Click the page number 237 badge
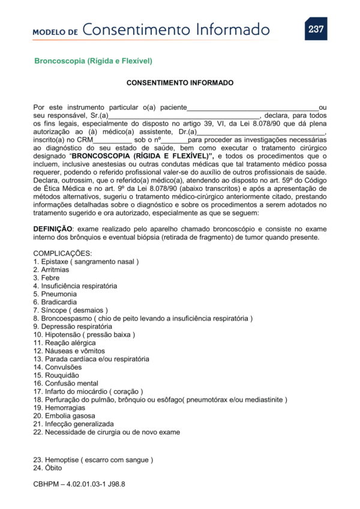tap(316, 29)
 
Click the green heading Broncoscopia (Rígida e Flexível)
tap(93, 61)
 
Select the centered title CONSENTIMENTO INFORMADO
tap(180, 83)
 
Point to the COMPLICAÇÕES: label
tap(62, 254)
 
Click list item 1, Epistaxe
tap(86, 262)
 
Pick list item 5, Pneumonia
tap(55, 294)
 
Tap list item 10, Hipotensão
tap(84, 334)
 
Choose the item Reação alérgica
tap(65, 343)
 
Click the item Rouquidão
tap(58, 375)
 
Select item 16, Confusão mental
tap(65, 383)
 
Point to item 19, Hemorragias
tap(60, 408)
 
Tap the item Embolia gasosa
tap(64, 415)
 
